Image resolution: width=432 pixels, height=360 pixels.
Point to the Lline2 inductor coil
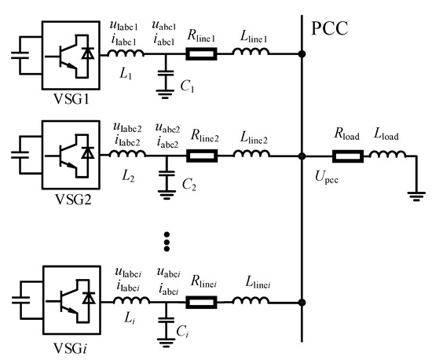(x=260, y=156)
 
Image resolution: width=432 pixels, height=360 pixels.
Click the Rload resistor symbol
(x=346, y=156)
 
